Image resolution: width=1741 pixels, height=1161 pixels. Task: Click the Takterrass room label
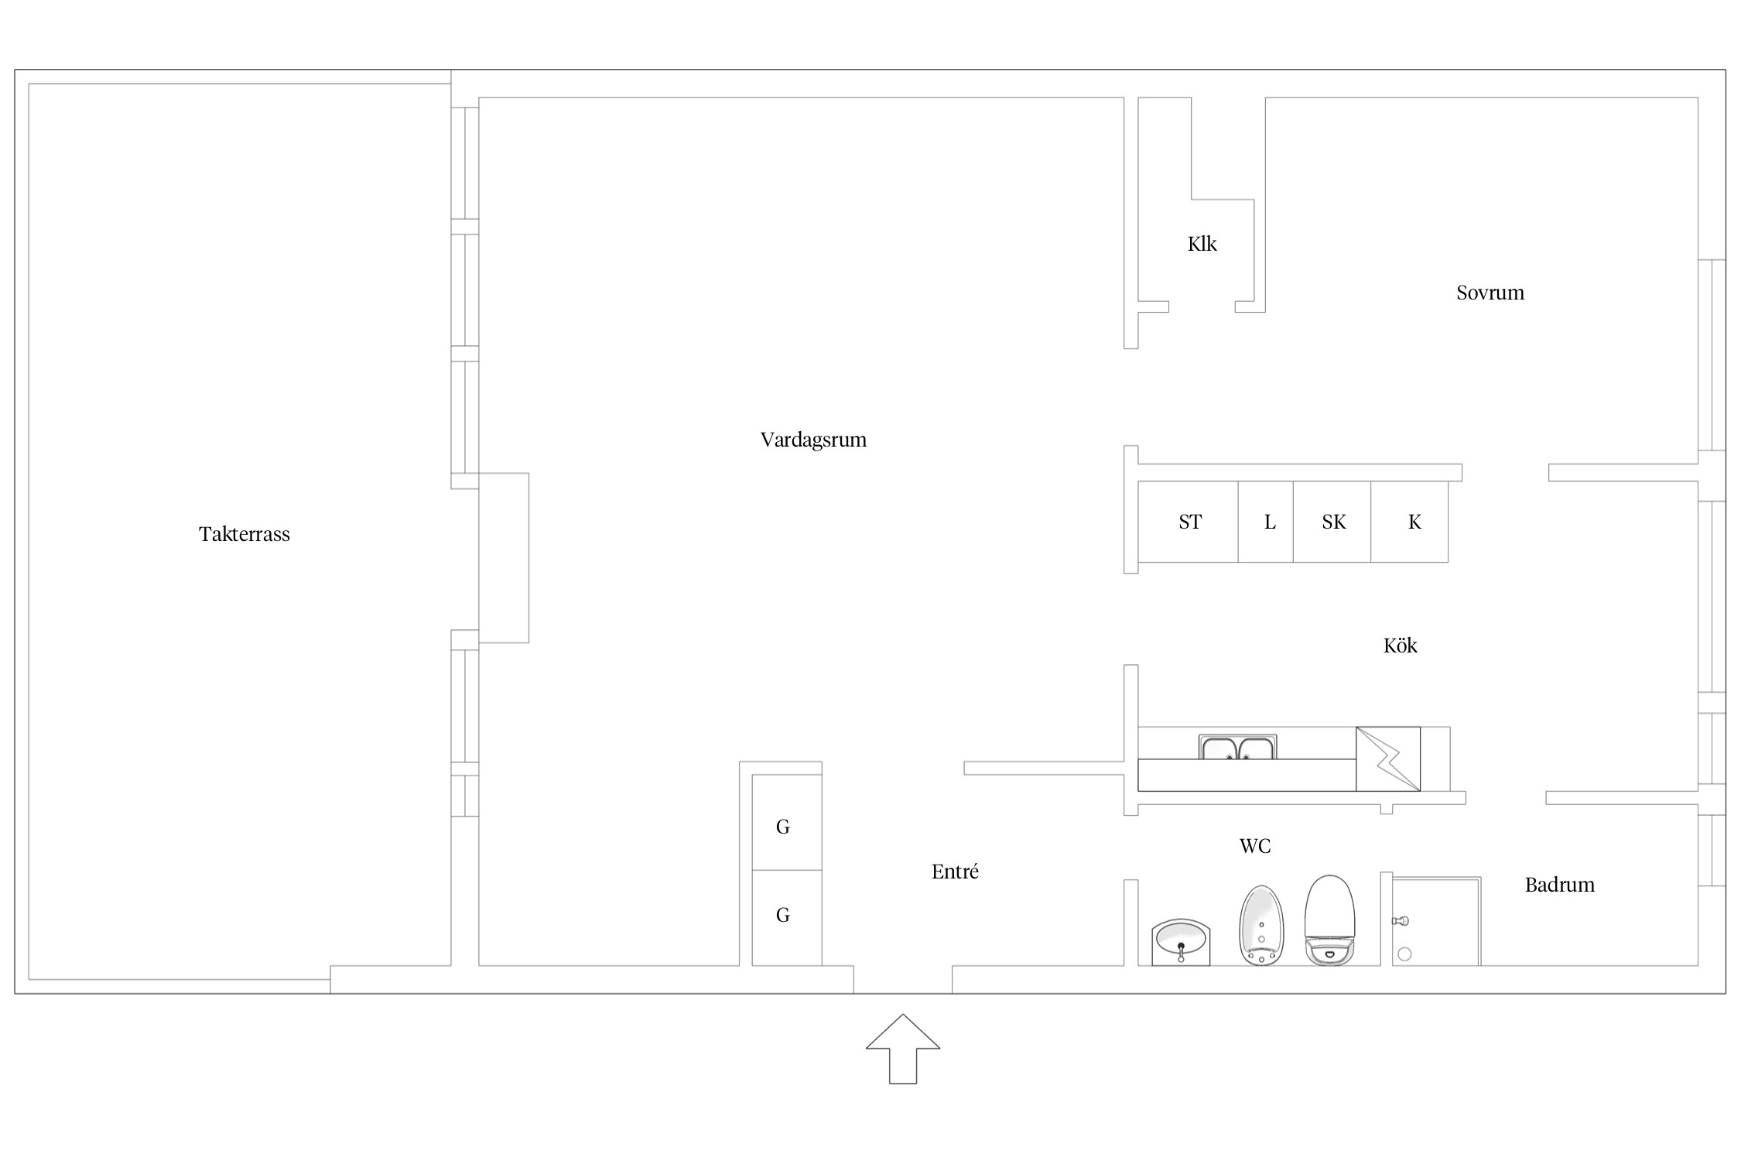[245, 534]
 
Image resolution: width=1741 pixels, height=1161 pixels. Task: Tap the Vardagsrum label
[813, 440]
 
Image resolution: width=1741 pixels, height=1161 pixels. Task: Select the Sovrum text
[1490, 293]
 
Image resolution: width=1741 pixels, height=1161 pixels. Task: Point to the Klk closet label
[1202, 244]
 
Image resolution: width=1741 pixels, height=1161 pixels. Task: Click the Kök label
[1401, 645]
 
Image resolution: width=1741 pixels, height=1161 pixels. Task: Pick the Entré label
[956, 872]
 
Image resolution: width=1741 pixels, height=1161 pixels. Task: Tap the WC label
[1255, 846]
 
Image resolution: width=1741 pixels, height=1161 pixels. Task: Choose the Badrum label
[1560, 885]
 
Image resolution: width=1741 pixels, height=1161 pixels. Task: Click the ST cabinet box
[1188, 522]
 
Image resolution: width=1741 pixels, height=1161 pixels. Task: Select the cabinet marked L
[1266, 522]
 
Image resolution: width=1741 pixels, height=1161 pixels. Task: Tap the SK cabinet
[1332, 522]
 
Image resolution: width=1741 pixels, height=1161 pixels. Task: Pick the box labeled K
[1410, 522]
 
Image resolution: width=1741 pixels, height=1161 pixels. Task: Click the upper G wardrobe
[787, 822]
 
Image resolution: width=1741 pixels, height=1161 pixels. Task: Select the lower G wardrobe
[787, 918]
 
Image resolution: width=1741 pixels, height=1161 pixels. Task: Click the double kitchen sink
[1237, 747]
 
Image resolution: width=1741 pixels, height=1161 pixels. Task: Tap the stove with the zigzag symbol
[1388, 759]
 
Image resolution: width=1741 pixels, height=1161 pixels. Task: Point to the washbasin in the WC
[1181, 942]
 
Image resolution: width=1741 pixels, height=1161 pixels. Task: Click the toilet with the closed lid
[1330, 920]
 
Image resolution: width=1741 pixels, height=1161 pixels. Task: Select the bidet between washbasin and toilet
[1262, 926]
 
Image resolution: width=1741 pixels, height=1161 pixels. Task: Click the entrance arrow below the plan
[903, 1050]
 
